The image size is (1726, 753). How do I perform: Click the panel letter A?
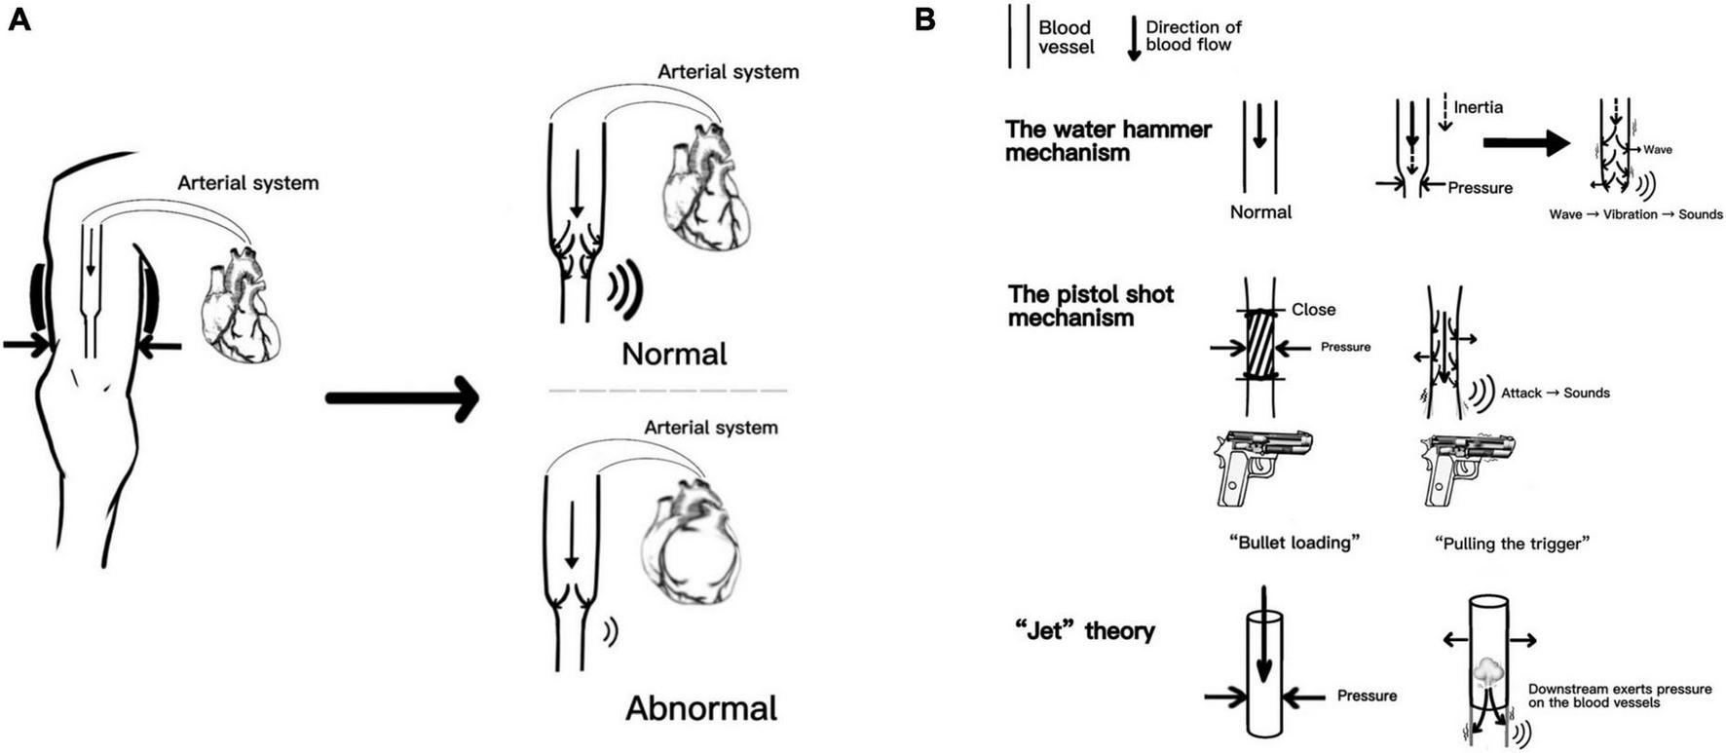tap(19, 19)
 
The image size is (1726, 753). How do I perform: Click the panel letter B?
tap(925, 19)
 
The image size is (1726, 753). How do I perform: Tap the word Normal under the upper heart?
tap(674, 354)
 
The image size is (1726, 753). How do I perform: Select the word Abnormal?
tap(700, 708)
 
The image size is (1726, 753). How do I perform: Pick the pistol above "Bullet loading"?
tap(1262, 467)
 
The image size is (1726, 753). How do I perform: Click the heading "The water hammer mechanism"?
tap(1107, 141)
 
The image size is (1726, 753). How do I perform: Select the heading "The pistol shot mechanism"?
tap(1091, 306)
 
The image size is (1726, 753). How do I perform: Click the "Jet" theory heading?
tap(1084, 631)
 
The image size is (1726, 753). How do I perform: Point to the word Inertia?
tap(1478, 107)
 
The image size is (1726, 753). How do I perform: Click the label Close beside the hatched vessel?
tap(1313, 310)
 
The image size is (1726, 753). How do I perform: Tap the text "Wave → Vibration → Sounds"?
tap(1635, 214)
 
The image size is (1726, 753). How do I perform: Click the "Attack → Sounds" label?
tap(1555, 394)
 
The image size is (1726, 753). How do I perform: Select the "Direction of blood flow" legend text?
tap(1193, 36)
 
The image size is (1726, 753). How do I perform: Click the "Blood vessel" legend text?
tap(1066, 37)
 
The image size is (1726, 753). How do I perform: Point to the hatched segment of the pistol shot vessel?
tap(1260, 345)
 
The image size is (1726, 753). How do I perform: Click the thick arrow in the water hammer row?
tap(1525, 143)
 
